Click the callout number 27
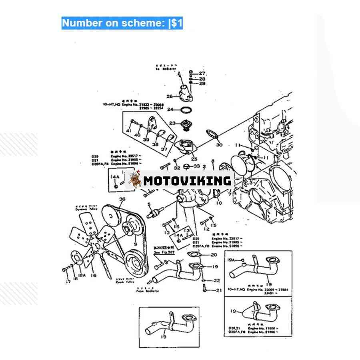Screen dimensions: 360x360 [x=202, y=73]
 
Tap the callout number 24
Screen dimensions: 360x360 [x=170, y=109]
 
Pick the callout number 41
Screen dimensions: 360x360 [x=129, y=131]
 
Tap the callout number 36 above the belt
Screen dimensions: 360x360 [x=122, y=199]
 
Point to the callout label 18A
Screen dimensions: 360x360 [x=82, y=276]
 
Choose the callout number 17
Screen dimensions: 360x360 [x=68, y=282]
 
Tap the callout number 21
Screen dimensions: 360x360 [x=218, y=290]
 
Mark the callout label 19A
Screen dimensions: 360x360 [x=232, y=260]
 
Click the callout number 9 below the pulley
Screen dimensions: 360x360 [x=135, y=244]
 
